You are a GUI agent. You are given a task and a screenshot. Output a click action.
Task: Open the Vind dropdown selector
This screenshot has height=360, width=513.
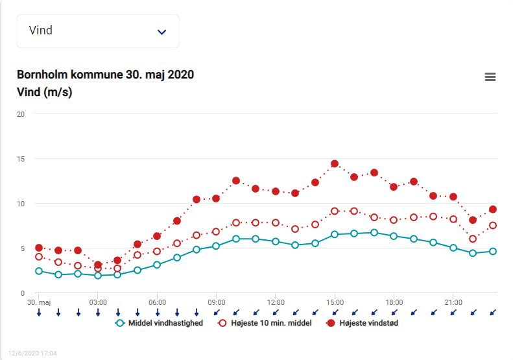[97, 31]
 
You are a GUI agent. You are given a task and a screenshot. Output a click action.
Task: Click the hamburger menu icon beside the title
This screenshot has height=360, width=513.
[490, 77]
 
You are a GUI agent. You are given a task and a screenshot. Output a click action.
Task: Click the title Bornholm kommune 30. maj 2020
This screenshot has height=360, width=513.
[105, 75]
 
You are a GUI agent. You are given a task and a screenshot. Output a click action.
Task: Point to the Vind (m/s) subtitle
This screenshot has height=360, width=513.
[44, 92]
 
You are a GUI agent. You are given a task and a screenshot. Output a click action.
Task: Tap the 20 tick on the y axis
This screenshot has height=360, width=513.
[21, 114]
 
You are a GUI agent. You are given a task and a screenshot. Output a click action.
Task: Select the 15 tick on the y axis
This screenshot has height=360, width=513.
[21, 159]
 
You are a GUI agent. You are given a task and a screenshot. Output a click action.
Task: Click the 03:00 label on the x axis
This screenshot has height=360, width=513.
[98, 302]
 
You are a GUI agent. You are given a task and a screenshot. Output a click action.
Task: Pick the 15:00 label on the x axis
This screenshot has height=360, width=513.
[335, 302]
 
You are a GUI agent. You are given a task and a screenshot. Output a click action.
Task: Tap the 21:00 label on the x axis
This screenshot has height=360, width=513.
[453, 302]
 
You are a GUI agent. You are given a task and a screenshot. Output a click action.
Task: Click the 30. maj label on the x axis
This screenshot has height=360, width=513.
[39, 302]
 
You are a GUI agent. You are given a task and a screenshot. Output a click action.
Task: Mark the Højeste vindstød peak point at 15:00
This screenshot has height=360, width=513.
[335, 163]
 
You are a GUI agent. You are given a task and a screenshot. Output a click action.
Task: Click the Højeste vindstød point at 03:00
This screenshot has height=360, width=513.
[98, 265]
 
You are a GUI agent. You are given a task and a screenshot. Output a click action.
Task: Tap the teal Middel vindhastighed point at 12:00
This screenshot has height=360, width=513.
[276, 241]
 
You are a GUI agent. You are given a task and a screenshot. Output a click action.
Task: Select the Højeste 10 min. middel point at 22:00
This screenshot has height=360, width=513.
[473, 239]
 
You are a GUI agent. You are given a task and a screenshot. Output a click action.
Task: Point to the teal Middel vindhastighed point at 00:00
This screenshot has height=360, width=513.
[39, 271]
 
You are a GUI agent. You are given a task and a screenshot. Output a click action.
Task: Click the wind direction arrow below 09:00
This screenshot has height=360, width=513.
[217, 312]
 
